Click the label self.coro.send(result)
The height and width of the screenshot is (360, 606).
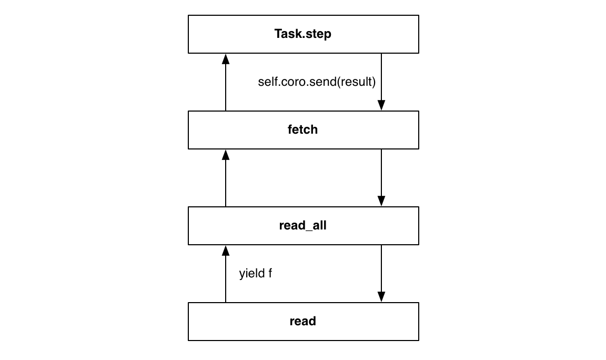point(317,83)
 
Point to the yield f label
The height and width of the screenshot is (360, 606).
point(256,274)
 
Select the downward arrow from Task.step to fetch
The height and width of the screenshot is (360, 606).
point(381,79)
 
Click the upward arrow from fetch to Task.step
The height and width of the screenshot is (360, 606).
point(226,84)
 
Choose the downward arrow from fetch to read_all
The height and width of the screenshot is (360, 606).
point(381,176)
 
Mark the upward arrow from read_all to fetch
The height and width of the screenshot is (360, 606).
point(226,179)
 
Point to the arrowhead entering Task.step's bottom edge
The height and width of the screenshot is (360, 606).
point(226,58)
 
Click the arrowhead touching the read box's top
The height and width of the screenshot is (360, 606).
point(381,297)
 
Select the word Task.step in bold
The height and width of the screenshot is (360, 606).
point(303,35)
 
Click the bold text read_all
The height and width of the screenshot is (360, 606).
point(303,226)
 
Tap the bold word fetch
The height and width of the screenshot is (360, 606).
point(303,130)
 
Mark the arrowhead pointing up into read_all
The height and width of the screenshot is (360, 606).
point(226,249)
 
